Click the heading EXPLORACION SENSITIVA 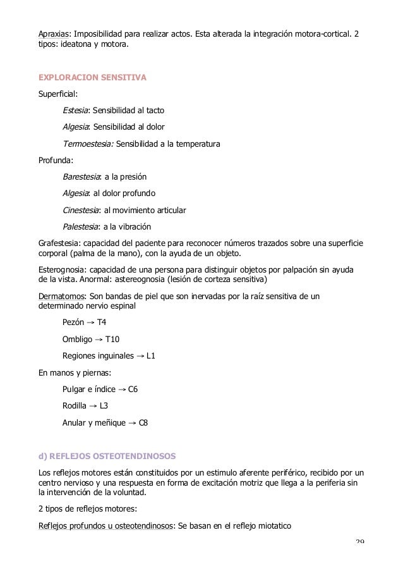point(92,78)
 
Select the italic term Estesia point(76,111)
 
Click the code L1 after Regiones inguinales point(151,356)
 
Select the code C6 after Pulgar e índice point(133,389)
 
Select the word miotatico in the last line point(270,522)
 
